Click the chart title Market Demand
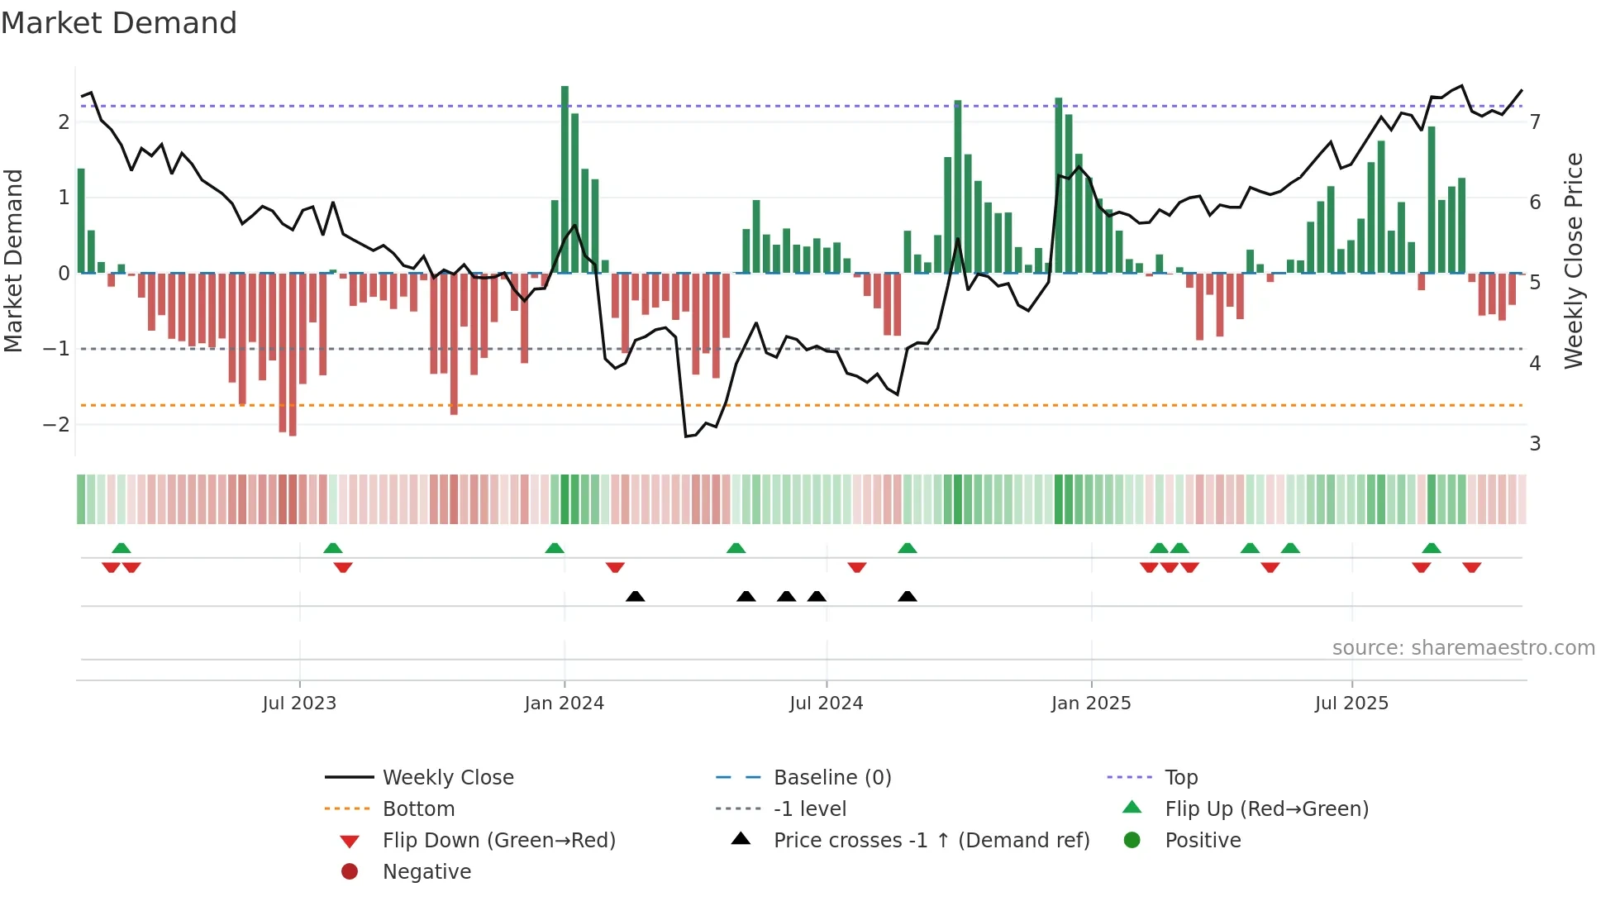pos(119,23)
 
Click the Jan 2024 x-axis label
pos(564,704)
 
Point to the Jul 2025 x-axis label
pos(1351,704)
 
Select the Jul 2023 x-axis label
pos(299,704)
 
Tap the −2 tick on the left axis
pos(56,425)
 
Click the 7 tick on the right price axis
pos(1535,122)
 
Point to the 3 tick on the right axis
pos(1535,444)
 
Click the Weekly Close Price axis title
pos(1574,260)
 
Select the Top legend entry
pos(1181,778)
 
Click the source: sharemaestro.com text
pos(1463,648)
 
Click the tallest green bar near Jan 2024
pos(565,178)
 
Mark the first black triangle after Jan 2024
pos(635,596)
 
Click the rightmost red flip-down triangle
pos(1471,567)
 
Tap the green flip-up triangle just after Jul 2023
pos(333,548)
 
